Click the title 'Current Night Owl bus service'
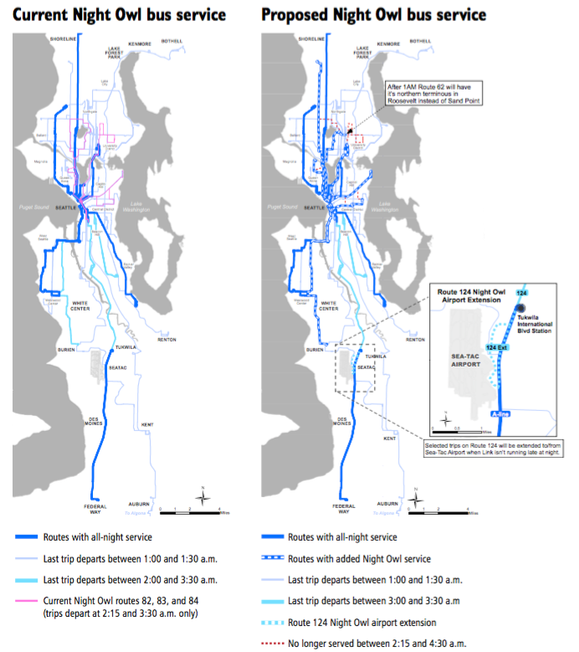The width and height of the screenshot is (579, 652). point(120,15)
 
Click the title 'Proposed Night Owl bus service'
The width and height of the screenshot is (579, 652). point(373,15)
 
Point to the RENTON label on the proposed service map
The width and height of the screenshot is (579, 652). point(414,339)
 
